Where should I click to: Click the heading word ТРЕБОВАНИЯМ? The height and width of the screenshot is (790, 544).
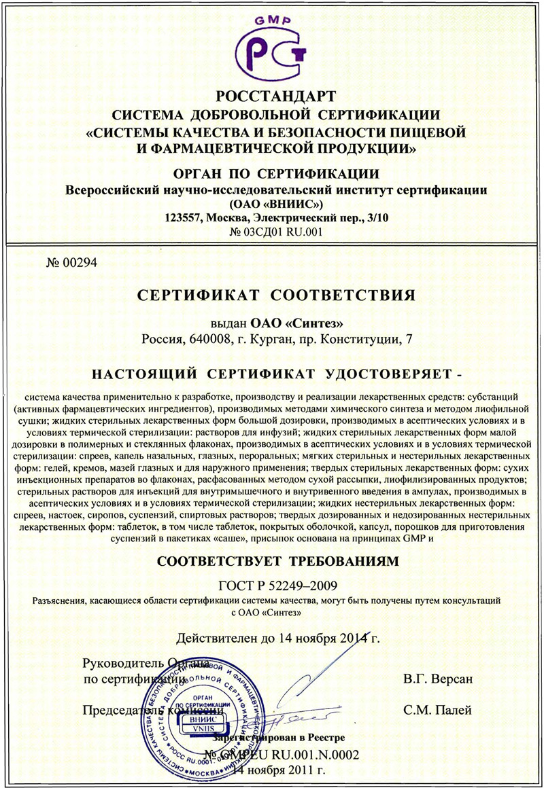333,561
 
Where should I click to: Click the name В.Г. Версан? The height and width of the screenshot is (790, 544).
437,679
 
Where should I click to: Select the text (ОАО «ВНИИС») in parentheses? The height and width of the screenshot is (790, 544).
271,204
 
